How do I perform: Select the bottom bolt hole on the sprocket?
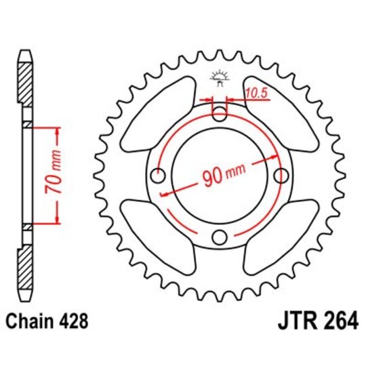click(x=220, y=237)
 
